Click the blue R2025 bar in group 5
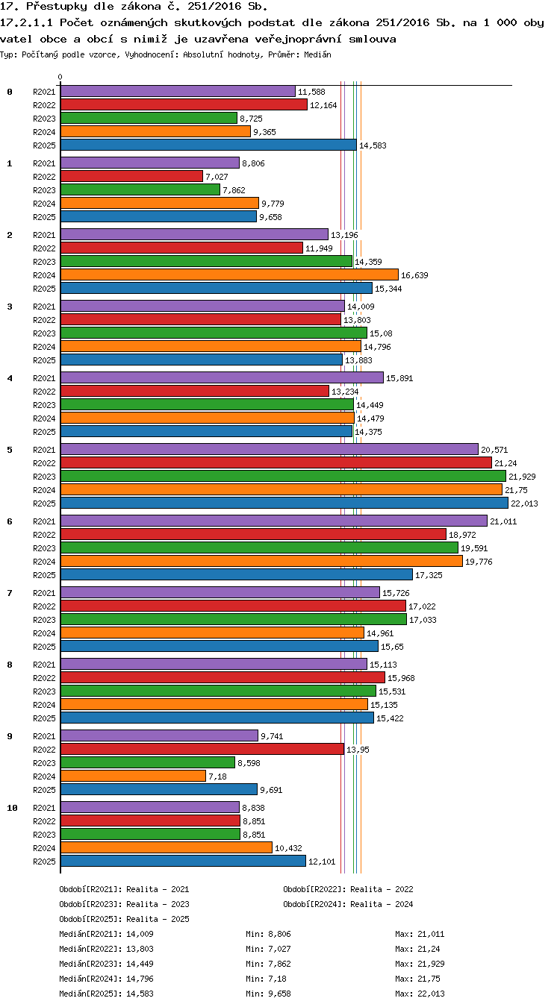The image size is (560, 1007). pyautogui.click(x=284, y=503)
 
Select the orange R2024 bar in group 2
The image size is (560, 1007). pyautogui.click(x=229, y=275)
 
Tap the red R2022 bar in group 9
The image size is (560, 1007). pyautogui.click(x=202, y=749)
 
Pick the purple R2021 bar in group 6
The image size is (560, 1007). pyautogui.click(x=274, y=521)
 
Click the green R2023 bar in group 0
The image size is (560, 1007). pyautogui.click(x=149, y=119)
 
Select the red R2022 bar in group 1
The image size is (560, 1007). pyautogui.click(x=132, y=176)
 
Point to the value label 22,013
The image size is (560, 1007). pyautogui.click(x=524, y=503)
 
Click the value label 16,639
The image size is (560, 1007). pyautogui.click(x=414, y=275)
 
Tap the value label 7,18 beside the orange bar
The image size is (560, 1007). pyautogui.click(x=217, y=777)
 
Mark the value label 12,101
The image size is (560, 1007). pyautogui.click(x=322, y=862)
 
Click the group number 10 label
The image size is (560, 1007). pyautogui.click(x=12, y=808)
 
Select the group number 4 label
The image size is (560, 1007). pyautogui.click(x=10, y=378)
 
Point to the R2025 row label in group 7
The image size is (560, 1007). pyautogui.click(x=44, y=647)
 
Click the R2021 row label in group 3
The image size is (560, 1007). pyautogui.click(x=44, y=307)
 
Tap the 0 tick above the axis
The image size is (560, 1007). pyautogui.click(x=60, y=77)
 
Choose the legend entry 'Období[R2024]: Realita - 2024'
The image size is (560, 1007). pyautogui.click(x=348, y=904)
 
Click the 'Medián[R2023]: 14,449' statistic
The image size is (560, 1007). pyautogui.click(x=106, y=964)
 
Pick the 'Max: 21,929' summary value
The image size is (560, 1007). pyautogui.click(x=420, y=964)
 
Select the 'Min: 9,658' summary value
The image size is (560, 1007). pyautogui.click(x=268, y=994)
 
